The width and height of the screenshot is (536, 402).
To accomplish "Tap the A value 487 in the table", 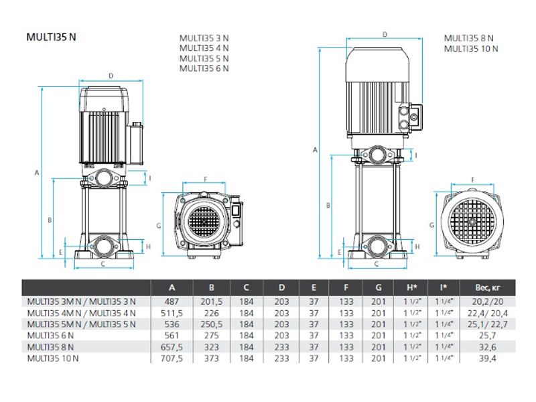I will [x=172, y=301].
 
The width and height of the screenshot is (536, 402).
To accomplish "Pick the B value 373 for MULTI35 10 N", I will [x=212, y=358].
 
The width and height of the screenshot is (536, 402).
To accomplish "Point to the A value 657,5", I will [x=172, y=347].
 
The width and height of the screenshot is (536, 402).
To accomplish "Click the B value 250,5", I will [x=212, y=324].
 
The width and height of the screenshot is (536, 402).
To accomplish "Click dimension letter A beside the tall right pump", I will [x=314, y=151].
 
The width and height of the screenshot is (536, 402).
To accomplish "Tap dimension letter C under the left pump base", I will [x=103, y=264].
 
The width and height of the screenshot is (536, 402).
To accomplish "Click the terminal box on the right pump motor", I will [x=411, y=119].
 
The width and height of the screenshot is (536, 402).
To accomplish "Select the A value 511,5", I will [x=172, y=312].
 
